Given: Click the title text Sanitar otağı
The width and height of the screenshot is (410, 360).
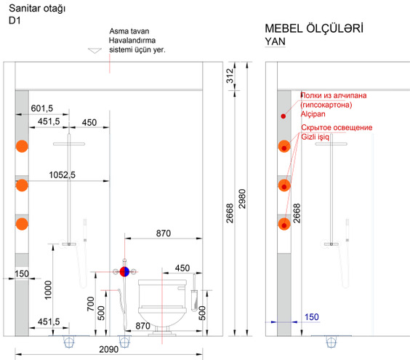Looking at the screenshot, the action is (37, 9).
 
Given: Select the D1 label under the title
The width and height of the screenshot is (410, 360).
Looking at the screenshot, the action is (15, 20).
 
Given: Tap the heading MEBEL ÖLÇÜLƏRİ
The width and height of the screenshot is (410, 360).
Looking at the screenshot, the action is (314, 28).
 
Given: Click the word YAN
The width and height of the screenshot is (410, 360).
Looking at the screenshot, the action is (275, 41).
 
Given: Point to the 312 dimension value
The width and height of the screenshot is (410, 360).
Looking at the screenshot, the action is (230, 76).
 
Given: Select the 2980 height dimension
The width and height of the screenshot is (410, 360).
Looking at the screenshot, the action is (242, 199).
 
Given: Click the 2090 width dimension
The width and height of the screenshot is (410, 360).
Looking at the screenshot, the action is (109, 349).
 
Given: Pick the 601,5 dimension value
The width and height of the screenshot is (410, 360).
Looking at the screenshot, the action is (42, 108).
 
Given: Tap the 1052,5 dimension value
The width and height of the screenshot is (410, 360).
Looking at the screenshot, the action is (63, 175).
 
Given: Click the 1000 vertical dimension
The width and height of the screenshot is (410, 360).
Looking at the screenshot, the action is (48, 290).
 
